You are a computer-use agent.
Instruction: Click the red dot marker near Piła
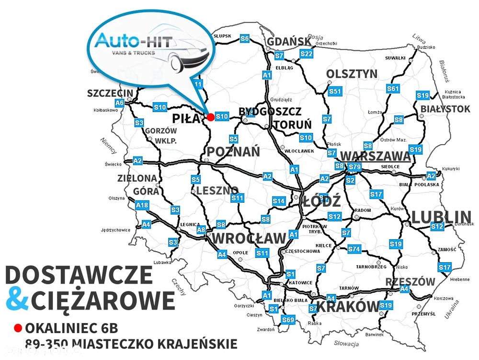210,116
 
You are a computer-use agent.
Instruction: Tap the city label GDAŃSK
289,42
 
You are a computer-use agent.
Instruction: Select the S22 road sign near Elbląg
307,54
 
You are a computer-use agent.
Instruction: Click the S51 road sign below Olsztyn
334,91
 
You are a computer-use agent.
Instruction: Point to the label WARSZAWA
375,156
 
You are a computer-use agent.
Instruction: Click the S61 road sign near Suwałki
393,89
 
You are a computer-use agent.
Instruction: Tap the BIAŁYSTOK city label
445,109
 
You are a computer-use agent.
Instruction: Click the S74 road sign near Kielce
354,249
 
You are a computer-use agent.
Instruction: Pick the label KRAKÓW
348,306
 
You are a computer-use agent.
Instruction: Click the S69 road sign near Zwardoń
287,320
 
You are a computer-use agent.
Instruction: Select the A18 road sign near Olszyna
142,206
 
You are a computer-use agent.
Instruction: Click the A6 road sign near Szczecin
119,103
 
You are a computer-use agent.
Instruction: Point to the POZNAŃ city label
233,152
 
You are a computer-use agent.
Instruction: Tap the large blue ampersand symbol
18,300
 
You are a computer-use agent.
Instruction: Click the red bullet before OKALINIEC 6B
18,328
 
